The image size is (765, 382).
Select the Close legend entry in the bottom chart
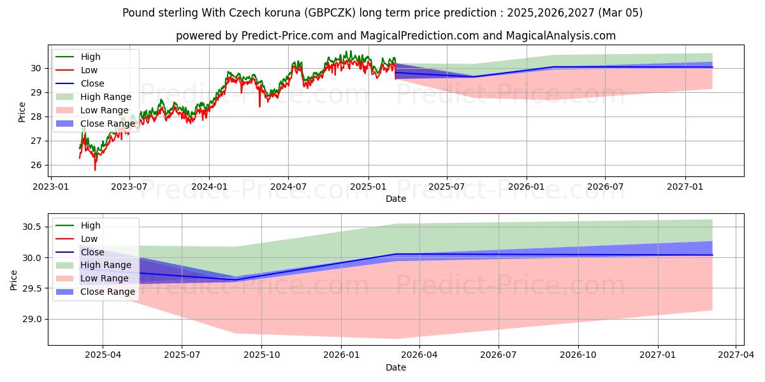coord(92,252)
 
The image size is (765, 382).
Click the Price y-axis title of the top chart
coord(22,112)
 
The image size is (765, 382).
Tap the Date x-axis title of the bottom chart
coord(395,367)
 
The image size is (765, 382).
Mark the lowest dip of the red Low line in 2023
coord(95,170)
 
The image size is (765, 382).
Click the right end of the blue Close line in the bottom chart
coord(712,255)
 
